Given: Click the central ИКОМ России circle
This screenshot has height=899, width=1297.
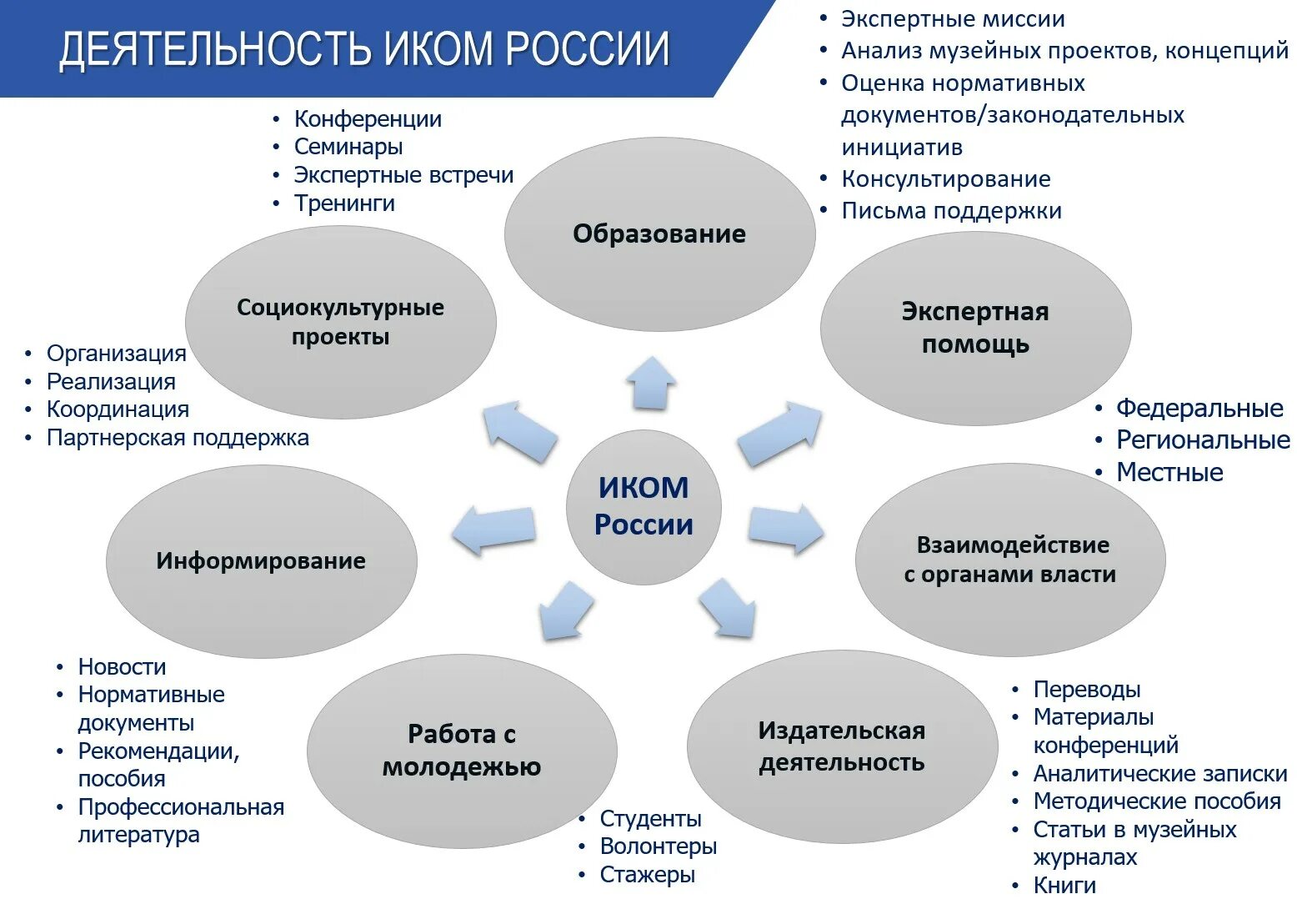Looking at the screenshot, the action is (643, 506).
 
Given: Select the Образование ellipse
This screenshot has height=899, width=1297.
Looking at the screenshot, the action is (659, 234).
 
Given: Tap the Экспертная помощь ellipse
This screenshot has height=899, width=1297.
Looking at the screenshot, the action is (975, 328).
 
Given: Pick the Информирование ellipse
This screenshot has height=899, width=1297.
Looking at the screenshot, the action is (261, 560).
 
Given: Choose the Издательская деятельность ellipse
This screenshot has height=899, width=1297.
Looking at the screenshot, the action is (842, 746).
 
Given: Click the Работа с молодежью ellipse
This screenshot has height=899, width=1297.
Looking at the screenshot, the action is (462, 750).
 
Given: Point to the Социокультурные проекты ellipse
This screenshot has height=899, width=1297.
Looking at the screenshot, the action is (340, 322).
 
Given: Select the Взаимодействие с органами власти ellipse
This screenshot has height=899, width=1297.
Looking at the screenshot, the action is (1009, 560).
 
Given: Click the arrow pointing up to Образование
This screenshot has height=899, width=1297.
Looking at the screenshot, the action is (651, 383).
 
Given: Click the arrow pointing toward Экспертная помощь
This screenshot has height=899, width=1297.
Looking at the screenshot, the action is (779, 432).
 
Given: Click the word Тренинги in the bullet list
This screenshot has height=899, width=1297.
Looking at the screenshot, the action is (344, 203).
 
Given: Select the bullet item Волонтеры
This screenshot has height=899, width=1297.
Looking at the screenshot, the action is (658, 846).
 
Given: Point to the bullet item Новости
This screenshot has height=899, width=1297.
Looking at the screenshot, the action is (122, 667).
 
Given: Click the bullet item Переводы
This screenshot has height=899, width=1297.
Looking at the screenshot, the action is (1086, 690).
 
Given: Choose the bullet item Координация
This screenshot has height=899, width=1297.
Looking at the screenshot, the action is (118, 409).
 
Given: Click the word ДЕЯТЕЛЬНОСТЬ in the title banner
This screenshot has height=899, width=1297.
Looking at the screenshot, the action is (214, 49).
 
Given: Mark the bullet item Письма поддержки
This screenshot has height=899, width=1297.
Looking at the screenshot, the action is (951, 211).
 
